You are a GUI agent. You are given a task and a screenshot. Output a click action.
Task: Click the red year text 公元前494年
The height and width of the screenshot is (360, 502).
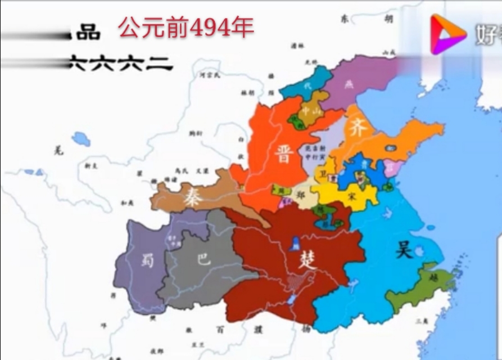click(x=186, y=26)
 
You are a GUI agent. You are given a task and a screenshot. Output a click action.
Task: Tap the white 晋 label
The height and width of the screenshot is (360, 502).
click(x=284, y=152)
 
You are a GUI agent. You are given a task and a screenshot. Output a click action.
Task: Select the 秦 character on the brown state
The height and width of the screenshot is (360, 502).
click(x=192, y=197)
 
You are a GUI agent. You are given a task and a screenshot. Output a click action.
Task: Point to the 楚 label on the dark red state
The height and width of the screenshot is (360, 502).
click(x=307, y=260)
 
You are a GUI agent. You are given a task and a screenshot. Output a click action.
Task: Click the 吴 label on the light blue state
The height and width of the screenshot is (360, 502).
click(x=404, y=249)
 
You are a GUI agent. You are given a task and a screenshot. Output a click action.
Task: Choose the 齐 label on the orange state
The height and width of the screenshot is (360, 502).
click(x=358, y=129)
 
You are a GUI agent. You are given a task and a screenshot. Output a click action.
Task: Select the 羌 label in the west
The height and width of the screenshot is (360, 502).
click(x=57, y=150)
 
